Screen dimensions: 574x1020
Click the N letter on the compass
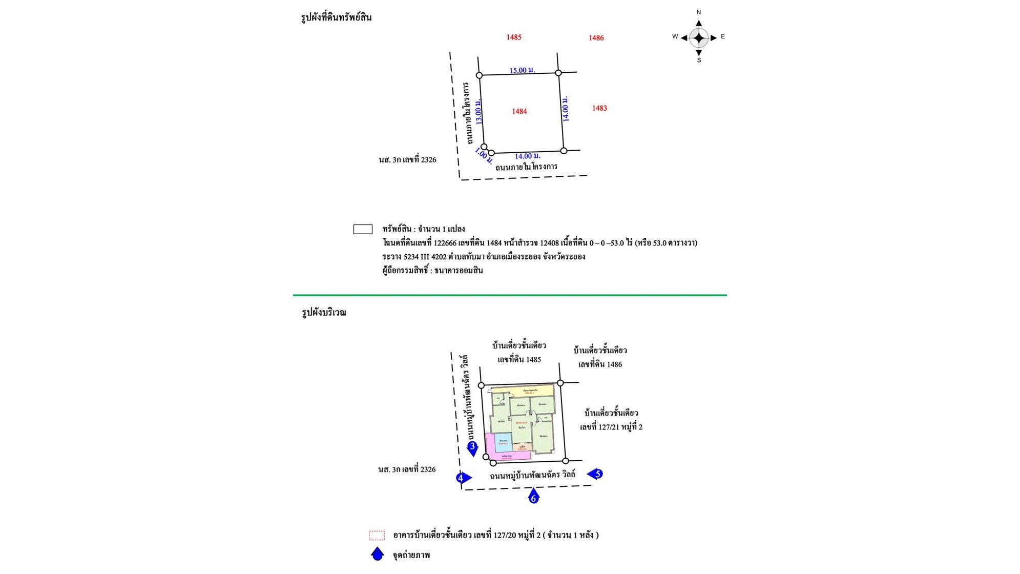point(698,12)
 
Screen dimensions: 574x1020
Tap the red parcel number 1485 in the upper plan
point(513,37)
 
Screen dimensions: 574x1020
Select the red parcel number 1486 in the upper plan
point(596,38)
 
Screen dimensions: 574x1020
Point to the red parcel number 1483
point(599,108)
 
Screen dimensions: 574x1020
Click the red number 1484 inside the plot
point(519,111)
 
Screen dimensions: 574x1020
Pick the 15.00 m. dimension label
point(522,70)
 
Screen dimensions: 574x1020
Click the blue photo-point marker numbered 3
point(472,448)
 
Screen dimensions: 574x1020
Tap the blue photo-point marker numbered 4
point(462,478)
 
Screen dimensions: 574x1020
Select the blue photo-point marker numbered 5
point(596,474)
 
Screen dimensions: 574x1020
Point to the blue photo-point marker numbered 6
point(533,497)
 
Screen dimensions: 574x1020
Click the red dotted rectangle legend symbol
point(377,536)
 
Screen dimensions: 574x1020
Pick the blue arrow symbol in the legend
point(377,554)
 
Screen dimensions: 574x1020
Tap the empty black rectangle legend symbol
point(363,229)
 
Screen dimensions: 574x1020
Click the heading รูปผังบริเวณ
point(324,313)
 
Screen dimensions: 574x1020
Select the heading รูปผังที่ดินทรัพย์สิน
point(336,18)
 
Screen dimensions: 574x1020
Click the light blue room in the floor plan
point(503,442)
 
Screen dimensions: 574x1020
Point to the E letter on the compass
point(722,36)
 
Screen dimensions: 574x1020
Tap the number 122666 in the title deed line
point(445,243)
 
